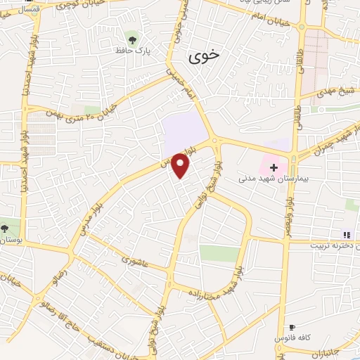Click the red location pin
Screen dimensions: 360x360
[x=181, y=165]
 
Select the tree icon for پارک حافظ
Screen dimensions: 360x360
[x=131, y=37]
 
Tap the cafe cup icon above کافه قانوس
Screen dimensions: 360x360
[x=292, y=328]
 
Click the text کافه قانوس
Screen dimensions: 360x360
[x=298, y=338]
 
